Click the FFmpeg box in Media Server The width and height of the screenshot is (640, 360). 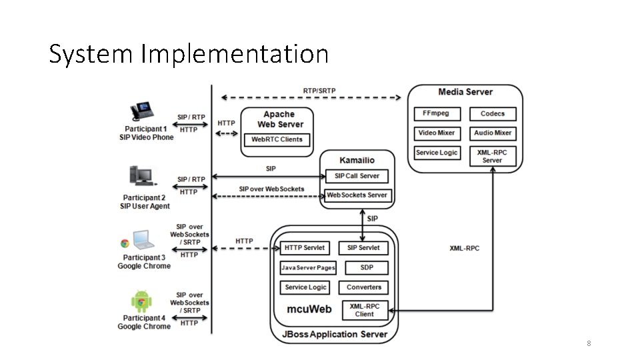pos(436,113)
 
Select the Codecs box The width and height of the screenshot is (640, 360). pos(493,113)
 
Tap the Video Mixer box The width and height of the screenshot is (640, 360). pos(436,133)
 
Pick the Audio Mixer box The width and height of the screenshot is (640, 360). pos(493,133)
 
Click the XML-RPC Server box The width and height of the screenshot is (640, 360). pos(493,156)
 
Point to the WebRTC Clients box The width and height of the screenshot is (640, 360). pos(277,139)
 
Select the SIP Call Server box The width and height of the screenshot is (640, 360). pos(357,176)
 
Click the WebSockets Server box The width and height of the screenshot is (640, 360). pos(357,195)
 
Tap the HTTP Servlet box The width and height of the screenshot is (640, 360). pos(304,247)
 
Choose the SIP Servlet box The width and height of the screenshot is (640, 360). pos(363,247)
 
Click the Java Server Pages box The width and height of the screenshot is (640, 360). pos(308,267)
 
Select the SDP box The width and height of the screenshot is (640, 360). pos(367,267)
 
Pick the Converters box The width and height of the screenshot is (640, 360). pos(364,287)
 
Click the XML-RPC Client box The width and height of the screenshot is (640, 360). pos(364,310)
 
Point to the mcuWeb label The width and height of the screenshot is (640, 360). pos(309,309)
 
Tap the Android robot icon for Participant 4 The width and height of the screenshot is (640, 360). pos(141,303)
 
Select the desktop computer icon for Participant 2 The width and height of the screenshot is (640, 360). pos(141,177)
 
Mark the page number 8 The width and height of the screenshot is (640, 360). pos(589,343)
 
